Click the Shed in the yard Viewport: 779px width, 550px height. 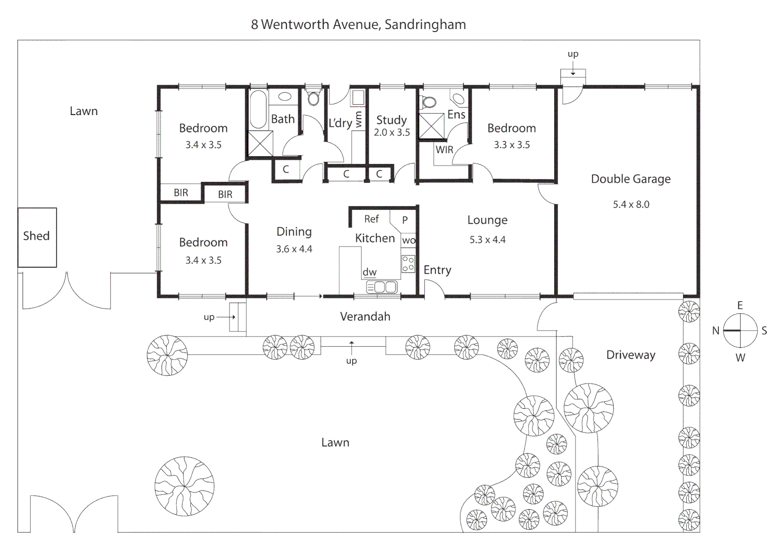37,237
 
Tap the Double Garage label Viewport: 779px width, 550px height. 631,179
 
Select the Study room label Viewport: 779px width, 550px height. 392,120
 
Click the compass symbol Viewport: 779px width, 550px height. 740,331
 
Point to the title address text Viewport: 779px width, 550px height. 358,24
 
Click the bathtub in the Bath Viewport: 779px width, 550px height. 258,110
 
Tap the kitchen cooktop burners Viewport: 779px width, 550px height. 408,263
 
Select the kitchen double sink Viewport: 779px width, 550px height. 381,287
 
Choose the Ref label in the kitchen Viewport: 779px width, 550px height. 371,219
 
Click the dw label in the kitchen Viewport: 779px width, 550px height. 370,272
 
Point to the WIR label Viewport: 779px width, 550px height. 444,150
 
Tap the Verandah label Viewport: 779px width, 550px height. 365,317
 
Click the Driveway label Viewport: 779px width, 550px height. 631,355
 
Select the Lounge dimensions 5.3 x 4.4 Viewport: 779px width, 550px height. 487,240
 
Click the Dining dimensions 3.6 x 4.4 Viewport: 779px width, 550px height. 294,250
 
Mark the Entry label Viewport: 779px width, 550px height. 437,270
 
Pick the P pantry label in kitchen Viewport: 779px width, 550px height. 405,221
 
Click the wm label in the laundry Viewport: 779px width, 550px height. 358,120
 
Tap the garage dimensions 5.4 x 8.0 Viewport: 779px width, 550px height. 631,205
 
